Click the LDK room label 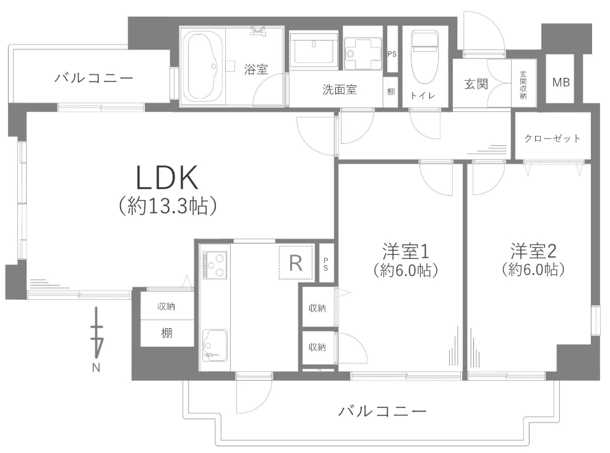(167, 177)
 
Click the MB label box (561, 82)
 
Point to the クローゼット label (552, 138)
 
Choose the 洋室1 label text (405, 251)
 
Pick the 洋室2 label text (534, 251)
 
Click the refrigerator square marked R (296, 263)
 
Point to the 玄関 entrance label (476, 84)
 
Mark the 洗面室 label (340, 90)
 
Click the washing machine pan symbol (363, 54)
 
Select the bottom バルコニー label (382, 410)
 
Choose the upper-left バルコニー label (93, 78)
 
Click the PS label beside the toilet (392, 54)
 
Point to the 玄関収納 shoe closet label (523, 84)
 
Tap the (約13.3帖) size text (167, 206)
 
